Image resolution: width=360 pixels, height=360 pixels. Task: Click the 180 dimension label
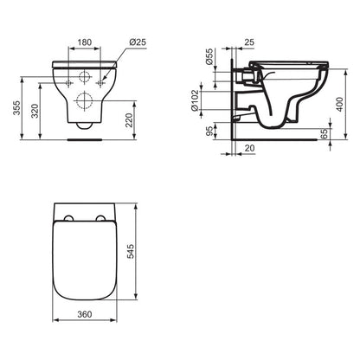click(x=85, y=41)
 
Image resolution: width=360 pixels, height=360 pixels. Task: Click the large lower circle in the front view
click(x=85, y=100)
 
